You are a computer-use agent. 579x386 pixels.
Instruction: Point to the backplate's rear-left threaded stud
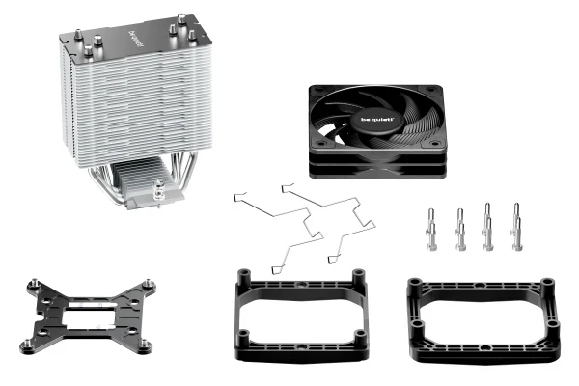[x=38, y=283]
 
